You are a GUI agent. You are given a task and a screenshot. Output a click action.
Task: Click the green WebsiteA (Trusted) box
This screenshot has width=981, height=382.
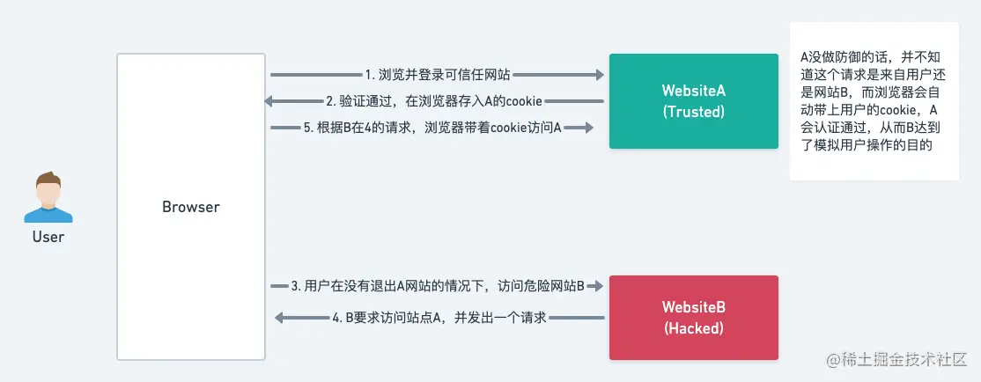(693, 100)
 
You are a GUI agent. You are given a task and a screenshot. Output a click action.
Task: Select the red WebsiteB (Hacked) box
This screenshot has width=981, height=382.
(693, 317)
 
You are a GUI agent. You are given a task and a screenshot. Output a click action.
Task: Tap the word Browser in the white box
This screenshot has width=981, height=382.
(190, 208)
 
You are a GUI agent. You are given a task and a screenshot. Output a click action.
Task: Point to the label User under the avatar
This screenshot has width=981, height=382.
(48, 237)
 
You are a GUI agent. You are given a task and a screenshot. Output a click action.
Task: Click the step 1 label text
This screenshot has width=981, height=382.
(438, 75)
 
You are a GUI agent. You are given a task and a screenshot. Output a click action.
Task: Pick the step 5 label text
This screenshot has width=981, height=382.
(432, 128)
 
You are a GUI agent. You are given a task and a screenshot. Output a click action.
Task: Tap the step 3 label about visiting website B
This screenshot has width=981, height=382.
(438, 286)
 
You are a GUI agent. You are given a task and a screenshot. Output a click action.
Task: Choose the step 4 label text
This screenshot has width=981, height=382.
(439, 317)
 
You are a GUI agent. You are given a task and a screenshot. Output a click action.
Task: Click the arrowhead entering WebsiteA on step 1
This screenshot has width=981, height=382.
(596, 75)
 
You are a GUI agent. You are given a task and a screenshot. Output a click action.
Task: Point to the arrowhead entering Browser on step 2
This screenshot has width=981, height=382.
(269, 101)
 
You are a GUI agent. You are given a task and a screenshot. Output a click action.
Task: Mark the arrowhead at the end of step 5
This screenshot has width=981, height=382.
(586, 128)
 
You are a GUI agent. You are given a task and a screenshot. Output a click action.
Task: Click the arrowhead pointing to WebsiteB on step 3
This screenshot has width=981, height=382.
(595, 286)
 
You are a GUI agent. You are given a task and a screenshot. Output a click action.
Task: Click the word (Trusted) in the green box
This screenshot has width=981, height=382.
(693, 112)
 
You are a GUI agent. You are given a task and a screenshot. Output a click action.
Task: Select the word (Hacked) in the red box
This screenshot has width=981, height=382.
(693, 328)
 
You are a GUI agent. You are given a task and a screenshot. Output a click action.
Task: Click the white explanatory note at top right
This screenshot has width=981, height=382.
(874, 101)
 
